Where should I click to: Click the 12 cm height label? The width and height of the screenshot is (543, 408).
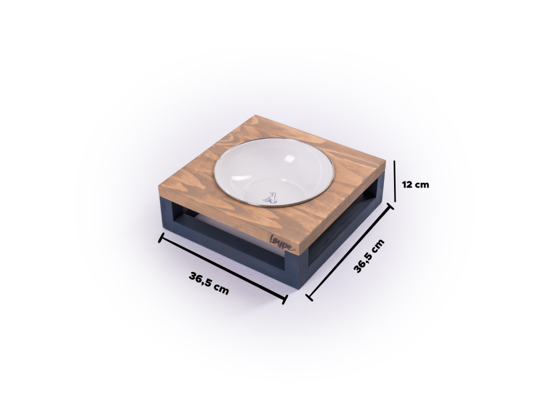(x=415, y=184)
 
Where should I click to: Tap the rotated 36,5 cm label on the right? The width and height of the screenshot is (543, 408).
(x=369, y=256)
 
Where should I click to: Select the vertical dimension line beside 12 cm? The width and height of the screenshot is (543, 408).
(x=395, y=181)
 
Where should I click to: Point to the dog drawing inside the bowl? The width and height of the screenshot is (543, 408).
(x=270, y=198)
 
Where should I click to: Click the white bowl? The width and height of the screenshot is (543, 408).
(x=274, y=173)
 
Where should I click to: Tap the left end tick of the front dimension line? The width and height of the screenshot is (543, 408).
(x=161, y=237)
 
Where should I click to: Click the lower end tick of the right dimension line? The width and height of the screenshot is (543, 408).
(x=309, y=297)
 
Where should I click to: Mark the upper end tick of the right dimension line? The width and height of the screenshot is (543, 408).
(x=390, y=207)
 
